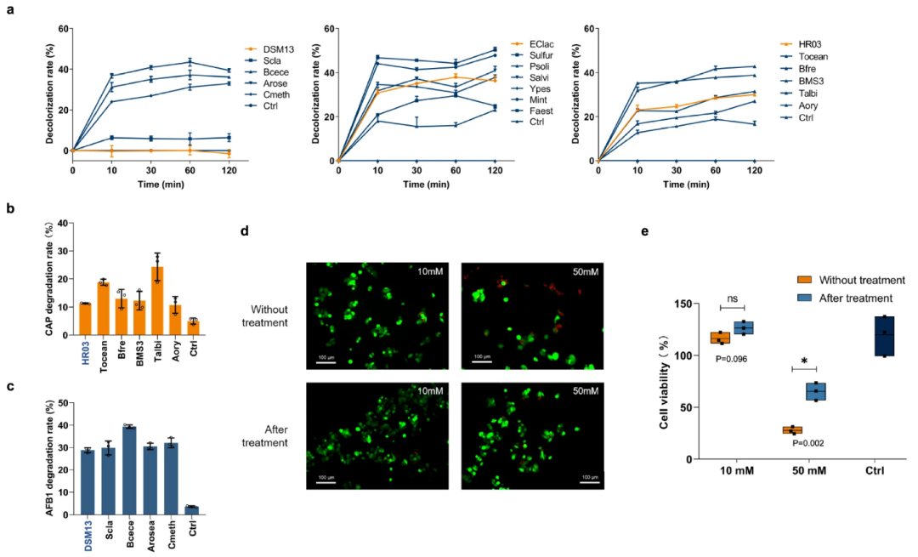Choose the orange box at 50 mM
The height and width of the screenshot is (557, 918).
coord(792,430)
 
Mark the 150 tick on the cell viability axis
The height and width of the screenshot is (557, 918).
coord(680,304)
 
